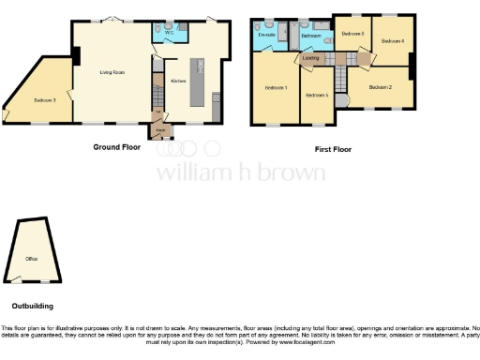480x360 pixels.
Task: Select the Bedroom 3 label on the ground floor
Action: [44, 99]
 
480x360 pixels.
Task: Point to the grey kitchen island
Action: [199, 83]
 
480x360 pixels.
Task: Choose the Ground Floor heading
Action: [116, 147]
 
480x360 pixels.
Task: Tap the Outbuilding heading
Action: [32, 306]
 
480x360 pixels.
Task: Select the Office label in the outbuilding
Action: [33, 257]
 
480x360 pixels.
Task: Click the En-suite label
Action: [266, 35]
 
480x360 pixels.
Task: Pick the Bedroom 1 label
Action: [274, 87]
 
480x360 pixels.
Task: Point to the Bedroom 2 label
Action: [380, 87]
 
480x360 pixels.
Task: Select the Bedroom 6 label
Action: [352, 34]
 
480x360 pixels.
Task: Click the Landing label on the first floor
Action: [309, 59]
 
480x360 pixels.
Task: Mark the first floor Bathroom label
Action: [311, 36]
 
